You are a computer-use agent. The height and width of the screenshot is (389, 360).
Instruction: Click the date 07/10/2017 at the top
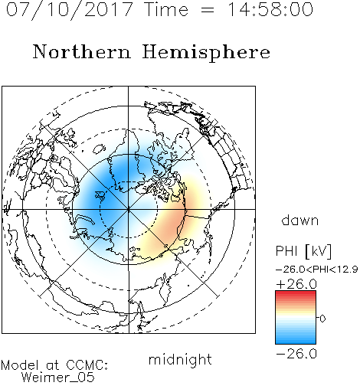click(x=70, y=10)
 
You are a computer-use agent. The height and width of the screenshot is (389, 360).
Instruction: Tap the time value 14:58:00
click(x=270, y=9)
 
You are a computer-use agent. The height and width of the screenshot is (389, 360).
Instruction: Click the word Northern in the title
click(x=82, y=51)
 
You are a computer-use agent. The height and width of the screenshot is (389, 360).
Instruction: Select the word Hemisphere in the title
click(x=206, y=53)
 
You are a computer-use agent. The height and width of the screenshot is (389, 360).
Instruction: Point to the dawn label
click(x=300, y=220)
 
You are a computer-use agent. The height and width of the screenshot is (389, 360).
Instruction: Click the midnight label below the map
click(x=180, y=360)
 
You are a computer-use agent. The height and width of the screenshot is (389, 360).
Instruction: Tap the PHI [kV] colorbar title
click(x=303, y=251)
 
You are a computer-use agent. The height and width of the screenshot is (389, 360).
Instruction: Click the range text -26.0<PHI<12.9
click(x=316, y=270)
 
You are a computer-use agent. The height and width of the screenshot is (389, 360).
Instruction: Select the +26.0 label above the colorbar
click(x=296, y=284)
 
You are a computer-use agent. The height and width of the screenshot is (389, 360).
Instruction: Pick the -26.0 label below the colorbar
click(x=296, y=354)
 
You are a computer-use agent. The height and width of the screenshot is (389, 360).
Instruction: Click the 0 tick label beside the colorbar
click(x=322, y=319)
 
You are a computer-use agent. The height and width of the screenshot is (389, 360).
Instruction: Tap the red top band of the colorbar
click(x=296, y=293)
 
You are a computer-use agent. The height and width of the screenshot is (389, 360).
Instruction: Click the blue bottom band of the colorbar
click(x=296, y=341)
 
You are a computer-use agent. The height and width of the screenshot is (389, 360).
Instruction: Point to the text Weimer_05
click(x=58, y=378)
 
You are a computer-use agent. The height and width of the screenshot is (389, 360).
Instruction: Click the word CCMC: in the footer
click(x=87, y=365)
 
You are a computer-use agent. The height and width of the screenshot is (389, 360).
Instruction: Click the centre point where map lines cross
click(x=129, y=210)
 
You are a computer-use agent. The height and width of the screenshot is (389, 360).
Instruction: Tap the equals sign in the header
click(x=207, y=10)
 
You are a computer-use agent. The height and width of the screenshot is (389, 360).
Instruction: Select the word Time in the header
click(x=166, y=9)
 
